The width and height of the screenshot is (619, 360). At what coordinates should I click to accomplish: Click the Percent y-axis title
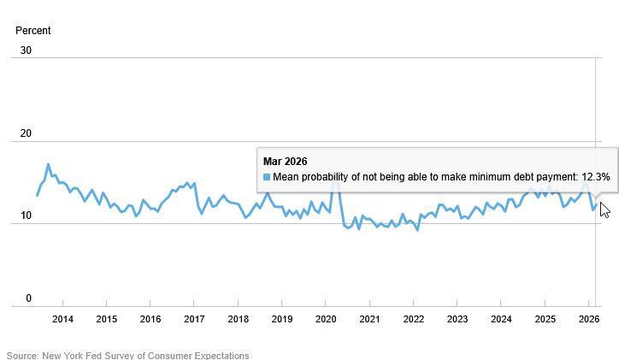click(x=33, y=31)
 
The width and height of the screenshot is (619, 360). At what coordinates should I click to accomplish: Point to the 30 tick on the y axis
click(x=26, y=50)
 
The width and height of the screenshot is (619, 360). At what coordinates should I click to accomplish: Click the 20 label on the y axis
click(x=26, y=133)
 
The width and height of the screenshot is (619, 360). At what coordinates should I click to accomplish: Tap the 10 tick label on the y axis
click(x=26, y=216)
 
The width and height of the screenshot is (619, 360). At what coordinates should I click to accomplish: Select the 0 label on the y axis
click(x=28, y=298)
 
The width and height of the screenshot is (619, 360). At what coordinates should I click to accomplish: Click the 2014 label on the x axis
click(x=62, y=320)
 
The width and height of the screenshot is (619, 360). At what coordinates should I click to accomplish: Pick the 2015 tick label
click(x=106, y=320)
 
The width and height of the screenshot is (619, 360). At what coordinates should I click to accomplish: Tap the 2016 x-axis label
click(x=150, y=320)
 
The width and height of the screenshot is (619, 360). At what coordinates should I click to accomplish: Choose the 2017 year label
click(x=194, y=320)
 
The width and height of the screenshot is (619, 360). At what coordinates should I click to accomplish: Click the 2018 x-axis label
click(x=238, y=320)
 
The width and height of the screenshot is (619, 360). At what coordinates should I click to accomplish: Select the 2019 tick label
click(x=282, y=320)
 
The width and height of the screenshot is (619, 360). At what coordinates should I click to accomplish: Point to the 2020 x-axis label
click(x=326, y=320)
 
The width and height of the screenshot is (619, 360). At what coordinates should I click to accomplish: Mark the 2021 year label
click(x=369, y=320)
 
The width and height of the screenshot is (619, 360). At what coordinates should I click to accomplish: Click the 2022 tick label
click(x=414, y=320)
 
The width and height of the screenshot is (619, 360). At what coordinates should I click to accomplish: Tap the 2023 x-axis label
click(x=457, y=320)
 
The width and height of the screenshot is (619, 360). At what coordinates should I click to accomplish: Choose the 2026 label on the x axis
click(x=589, y=320)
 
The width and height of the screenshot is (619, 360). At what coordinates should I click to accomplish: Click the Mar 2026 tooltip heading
click(x=285, y=162)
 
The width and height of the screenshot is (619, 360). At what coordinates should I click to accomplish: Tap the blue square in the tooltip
click(x=267, y=177)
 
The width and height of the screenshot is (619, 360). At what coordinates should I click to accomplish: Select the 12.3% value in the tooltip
click(x=596, y=177)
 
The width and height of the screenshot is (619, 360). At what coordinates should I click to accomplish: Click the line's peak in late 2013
click(x=48, y=164)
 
